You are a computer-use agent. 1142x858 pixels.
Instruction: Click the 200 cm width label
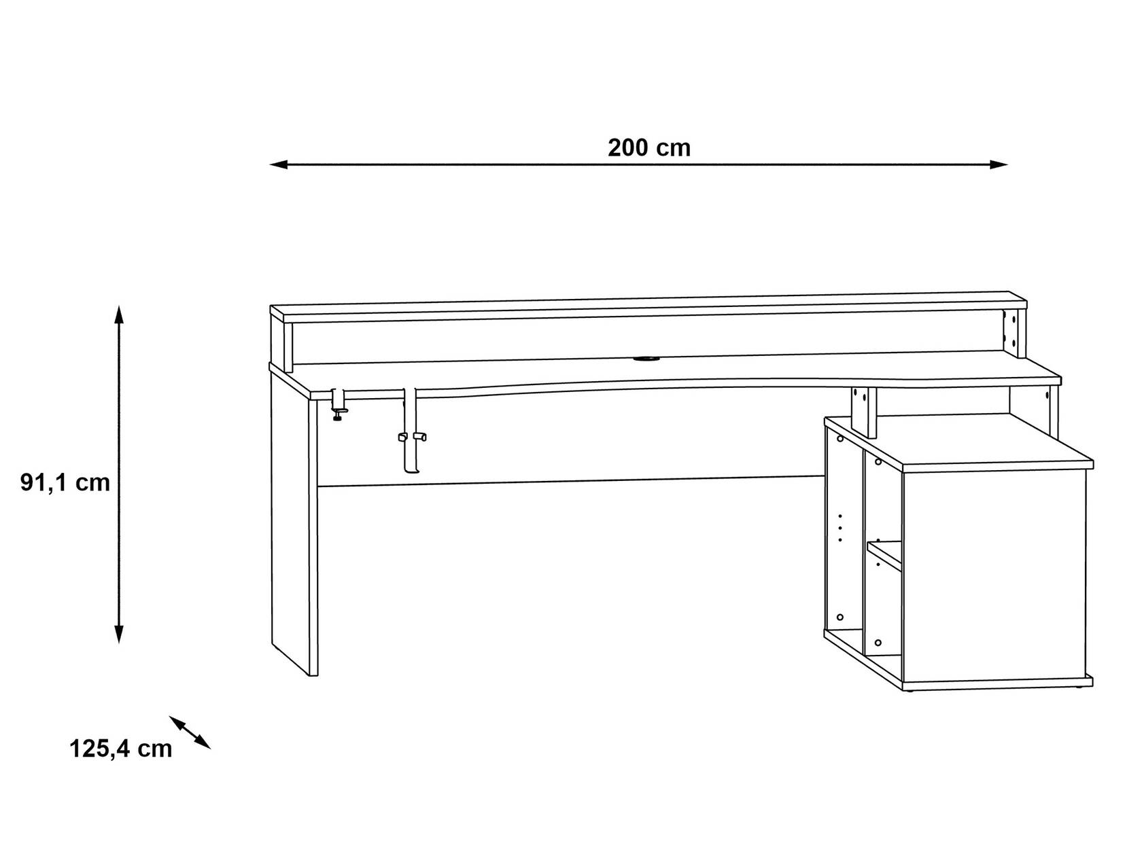pyautogui.click(x=648, y=147)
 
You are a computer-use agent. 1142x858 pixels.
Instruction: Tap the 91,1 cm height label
pyautogui.click(x=65, y=482)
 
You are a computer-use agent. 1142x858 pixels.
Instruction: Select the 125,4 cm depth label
pyautogui.click(x=121, y=749)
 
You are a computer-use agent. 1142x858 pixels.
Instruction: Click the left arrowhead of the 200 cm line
pyautogui.click(x=278, y=165)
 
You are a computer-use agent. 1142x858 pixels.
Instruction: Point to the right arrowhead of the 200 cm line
pyautogui.click(x=999, y=165)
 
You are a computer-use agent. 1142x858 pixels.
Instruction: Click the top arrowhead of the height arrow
pyautogui.click(x=119, y=314)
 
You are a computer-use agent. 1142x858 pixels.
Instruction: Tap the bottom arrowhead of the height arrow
pyautogui.click(x=119, y=634)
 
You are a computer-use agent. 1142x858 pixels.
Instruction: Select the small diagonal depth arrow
pyautogui.click(x=190, y=732)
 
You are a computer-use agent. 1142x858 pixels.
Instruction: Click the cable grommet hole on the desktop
pyautogui.click(x=646, y=358)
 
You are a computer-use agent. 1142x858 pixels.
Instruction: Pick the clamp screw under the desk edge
pyautogui.click(x=338, y=414)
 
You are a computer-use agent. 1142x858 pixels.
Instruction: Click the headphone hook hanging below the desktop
pyautogui.click(x=412, y=431)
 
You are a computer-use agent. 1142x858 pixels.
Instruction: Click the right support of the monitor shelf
pyautogui.click(x=1014, y=334)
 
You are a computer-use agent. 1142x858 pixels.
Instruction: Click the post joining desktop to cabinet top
pyautogui.click(x=864, y=413)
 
